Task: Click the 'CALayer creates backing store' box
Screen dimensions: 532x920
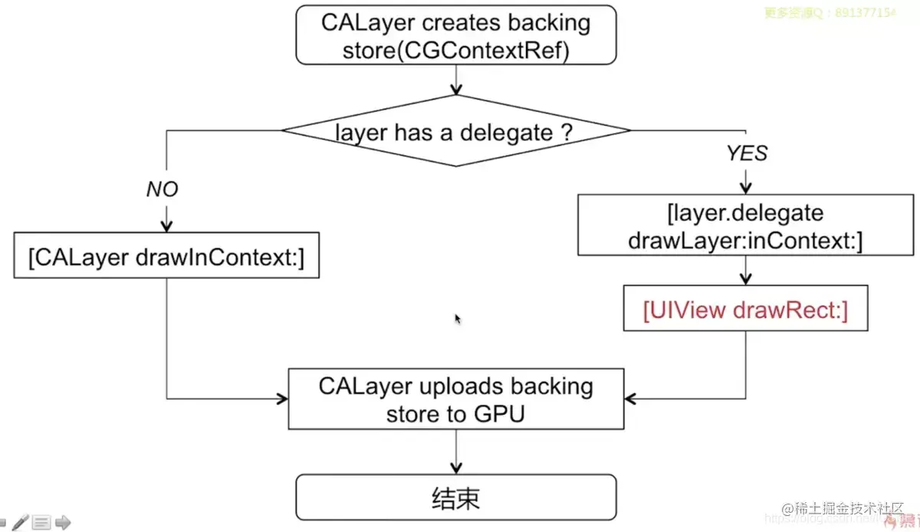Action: point(456,35)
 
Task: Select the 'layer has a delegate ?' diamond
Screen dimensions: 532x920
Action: point(456,131)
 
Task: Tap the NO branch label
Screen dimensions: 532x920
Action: point(162,189)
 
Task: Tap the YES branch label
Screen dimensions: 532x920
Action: point(746,153)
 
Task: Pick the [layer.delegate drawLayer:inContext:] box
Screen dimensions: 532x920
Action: point(744,225)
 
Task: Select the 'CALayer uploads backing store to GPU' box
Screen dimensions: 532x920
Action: point(456,399)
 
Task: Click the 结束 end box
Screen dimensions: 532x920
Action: point(456,498)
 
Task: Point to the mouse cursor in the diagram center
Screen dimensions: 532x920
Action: point(458,319)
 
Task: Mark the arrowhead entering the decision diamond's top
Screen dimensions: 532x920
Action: point(456,90)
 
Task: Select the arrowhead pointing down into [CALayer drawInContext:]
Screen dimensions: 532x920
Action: point(166,227)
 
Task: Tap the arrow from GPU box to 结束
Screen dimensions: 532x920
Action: point(456,452)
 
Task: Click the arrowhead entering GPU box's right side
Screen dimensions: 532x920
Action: point(631,399)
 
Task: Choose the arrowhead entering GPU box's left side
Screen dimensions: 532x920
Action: point(282,399)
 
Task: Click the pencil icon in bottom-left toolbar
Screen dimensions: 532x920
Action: point(21,523)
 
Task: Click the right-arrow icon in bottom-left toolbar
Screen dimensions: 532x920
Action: point(63,523)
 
